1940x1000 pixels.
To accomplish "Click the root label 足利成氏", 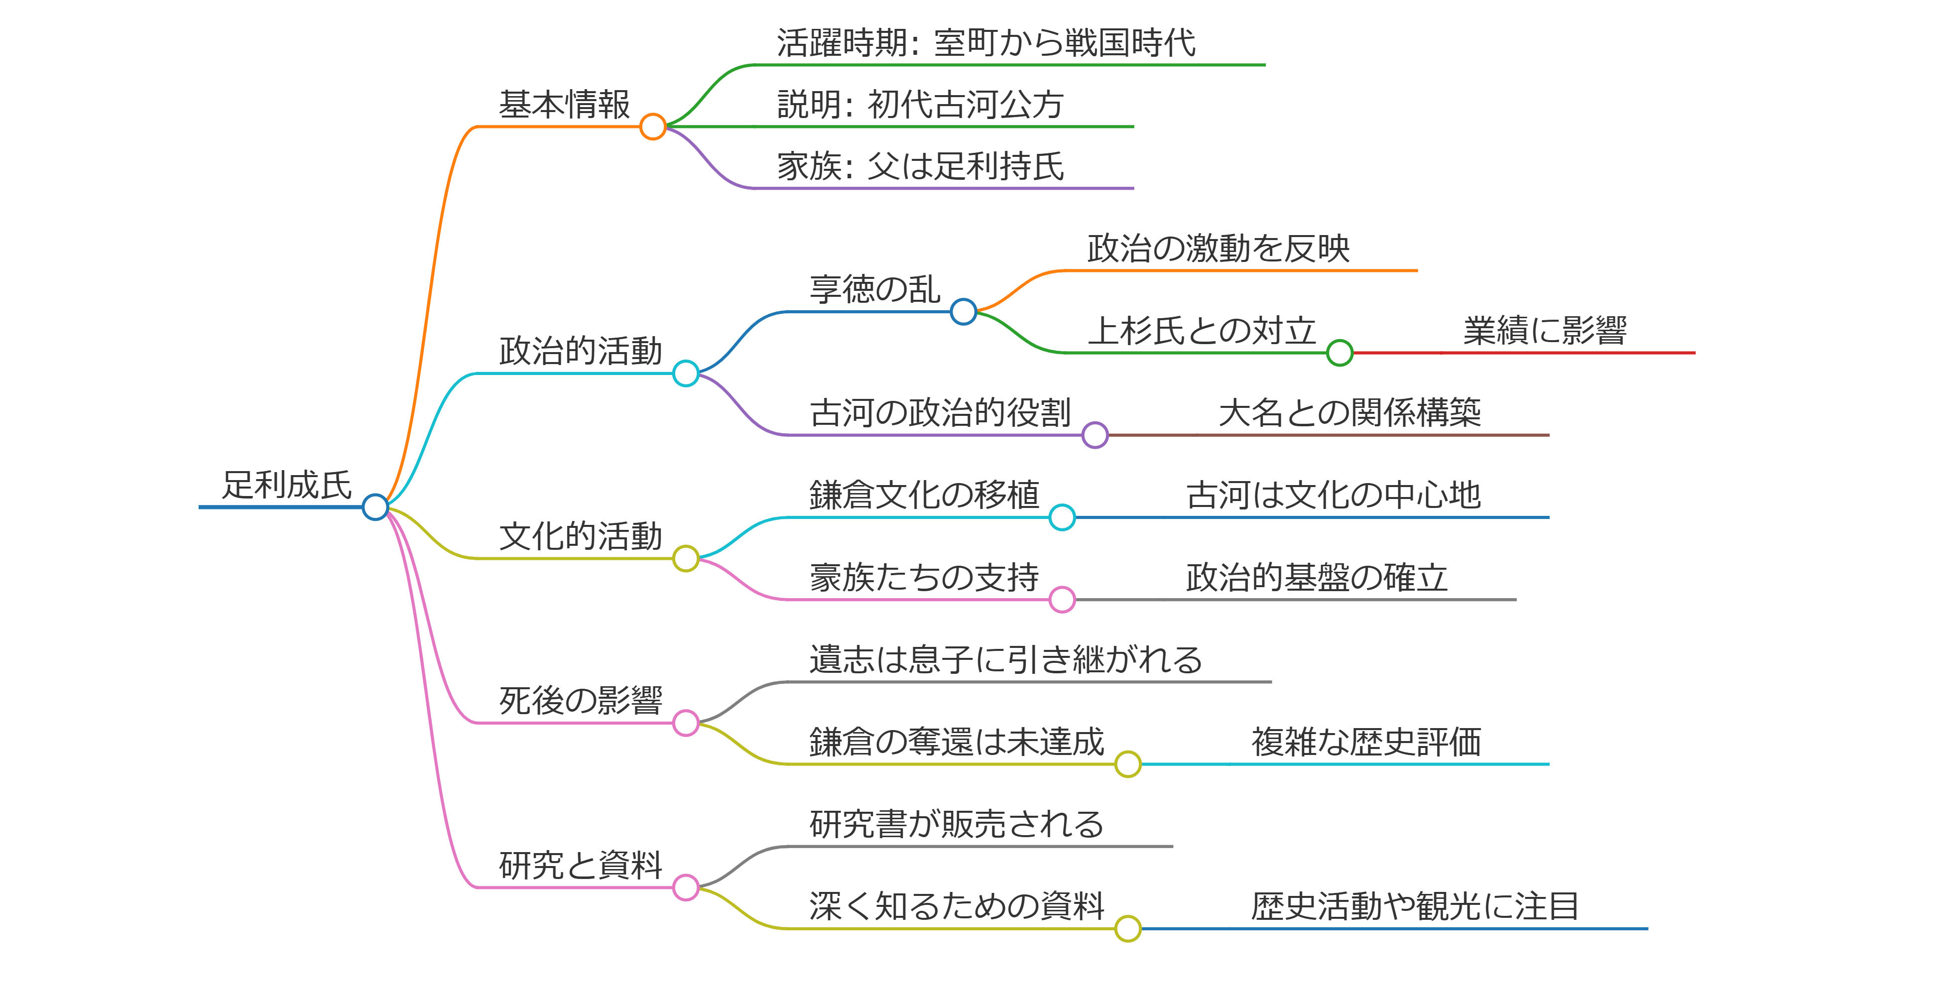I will tap(287, 485).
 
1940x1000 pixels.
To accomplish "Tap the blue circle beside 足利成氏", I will tap(375, 507).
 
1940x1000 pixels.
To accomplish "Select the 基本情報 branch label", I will tap(564, 105).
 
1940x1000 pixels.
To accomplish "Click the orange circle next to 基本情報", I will tap(653, 126).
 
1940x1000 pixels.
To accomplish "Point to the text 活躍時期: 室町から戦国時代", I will tap(986, 43).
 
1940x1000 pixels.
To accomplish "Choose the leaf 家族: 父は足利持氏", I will tap(920, 166).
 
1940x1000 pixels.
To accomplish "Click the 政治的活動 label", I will tap(581, 352).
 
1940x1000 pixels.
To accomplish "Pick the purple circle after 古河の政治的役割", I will tap(1095, 434).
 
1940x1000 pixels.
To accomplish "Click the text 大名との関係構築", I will tap(1349, 413).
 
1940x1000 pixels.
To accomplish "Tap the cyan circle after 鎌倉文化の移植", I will tap(1062, 517).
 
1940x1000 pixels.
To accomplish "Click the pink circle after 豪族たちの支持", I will tap(1062, 600).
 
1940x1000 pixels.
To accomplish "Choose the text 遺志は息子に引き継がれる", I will tap(1005, 660).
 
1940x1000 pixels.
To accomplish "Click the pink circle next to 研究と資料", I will tap(685, 887).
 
